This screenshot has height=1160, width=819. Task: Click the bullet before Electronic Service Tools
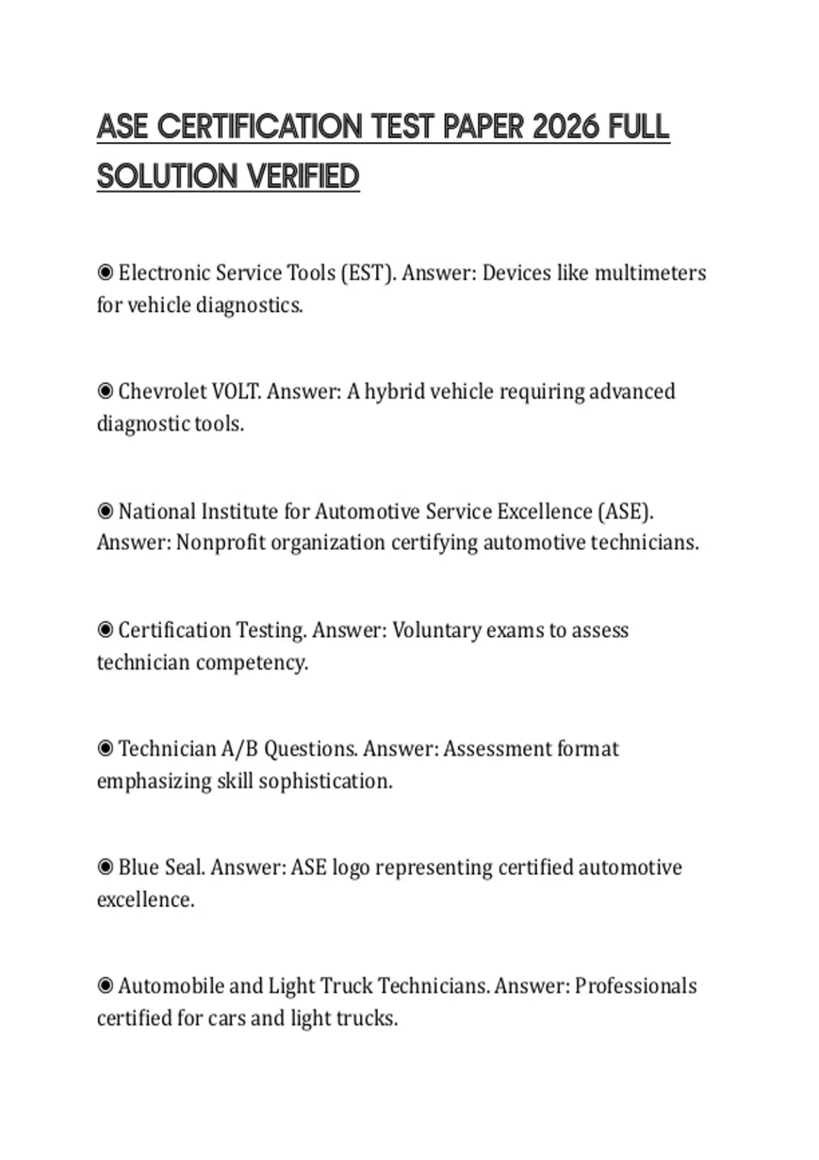coord(105,273)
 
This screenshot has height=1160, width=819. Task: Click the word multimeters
coord(650,273)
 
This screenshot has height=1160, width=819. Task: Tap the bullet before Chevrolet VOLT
coord(105,392)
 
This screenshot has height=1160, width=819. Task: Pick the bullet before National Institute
coord(105,511)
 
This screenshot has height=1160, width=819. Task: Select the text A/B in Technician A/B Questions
coord(240,749)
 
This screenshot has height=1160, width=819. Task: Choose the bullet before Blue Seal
coord(105,867)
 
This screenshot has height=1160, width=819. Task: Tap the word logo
coord(351,868)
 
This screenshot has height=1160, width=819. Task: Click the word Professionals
coord(635,986)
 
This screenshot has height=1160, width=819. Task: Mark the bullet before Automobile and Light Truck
coord(105,986)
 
